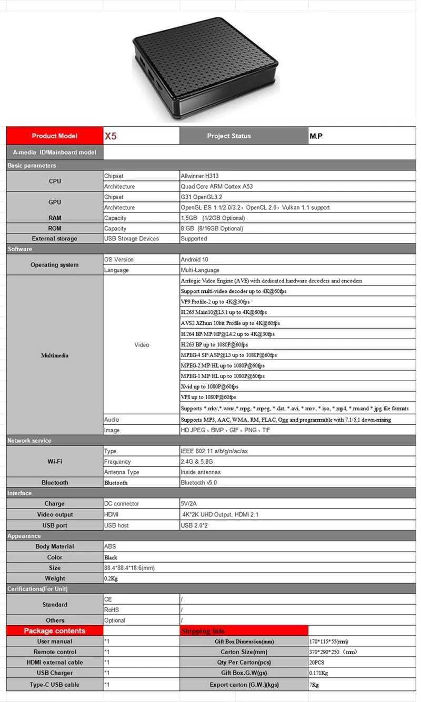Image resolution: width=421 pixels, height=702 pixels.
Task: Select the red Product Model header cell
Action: tap(55, 136)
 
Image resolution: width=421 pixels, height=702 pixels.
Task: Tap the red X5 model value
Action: tap(110, 136)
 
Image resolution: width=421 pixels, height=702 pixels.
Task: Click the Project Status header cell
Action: tap(229, 136)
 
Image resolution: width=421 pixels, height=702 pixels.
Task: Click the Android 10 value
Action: tap(194, 260)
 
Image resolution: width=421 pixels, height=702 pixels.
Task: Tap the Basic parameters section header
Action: tap(32, 166)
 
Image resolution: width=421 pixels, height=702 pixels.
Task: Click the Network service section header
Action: tap(29, 441)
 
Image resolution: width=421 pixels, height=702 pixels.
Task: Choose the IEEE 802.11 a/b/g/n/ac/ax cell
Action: tap(215, 451)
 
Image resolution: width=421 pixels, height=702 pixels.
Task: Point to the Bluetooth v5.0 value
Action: tap(198, 483)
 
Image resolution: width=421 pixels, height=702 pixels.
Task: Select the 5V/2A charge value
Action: tap(189, 504)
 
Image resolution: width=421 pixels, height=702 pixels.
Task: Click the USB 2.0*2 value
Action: tap(194, 526)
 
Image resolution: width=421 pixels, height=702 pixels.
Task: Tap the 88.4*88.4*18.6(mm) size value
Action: tap(129, 568)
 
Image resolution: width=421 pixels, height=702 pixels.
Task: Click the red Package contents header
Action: tap(55, 631)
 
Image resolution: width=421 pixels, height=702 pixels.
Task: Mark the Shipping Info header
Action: tap(203, 631)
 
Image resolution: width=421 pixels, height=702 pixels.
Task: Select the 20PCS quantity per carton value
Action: tap(317, 663)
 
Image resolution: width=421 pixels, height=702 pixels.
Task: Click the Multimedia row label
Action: tap(55, 355)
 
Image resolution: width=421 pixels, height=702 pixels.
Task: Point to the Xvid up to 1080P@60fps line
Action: tap(209, 386)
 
